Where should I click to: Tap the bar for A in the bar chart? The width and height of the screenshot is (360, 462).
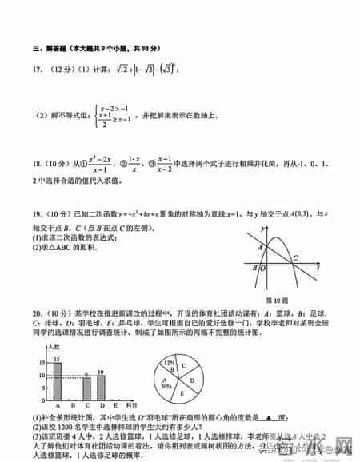(58, 382)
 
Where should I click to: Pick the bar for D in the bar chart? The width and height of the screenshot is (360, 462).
(101, 387)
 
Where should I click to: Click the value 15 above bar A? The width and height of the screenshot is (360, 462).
(57, 360)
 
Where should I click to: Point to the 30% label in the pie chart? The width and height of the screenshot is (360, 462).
(167, 385)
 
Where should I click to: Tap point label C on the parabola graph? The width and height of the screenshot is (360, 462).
(294, 257)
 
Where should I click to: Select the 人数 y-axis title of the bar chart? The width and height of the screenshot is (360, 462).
(54, 346)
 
